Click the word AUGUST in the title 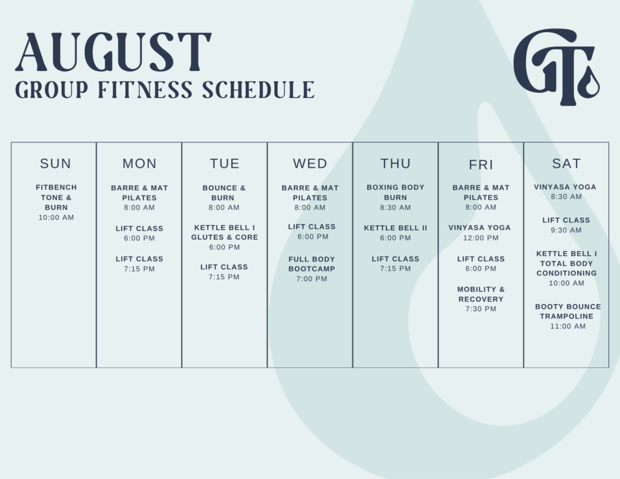[x=113, y=52]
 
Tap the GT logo [x=556, y=67]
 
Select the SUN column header [x=56, y=164]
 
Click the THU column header [x=395, y=164]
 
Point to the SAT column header [x=567, y=164]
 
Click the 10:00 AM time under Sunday [x=56, y=217]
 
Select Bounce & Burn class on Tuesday [x=224, y=193]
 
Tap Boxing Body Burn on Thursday [x=395, y=192]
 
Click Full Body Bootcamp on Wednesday [x=312, y=264]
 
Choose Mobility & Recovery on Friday [x=481, y=294]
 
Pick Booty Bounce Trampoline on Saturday [x=568, y=311]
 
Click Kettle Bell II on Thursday [x=395, y=228]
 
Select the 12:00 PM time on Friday [x=481, y=238]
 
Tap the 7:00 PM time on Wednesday [x=312, y=279]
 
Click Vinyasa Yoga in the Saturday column [x=565, y=187]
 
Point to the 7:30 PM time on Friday [x=481, y=309]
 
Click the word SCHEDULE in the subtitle [x=259, y=90]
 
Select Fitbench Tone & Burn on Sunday [x=56, y=197]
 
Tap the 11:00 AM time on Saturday [x=568, y=326]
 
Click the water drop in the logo [x=589, y=83]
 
